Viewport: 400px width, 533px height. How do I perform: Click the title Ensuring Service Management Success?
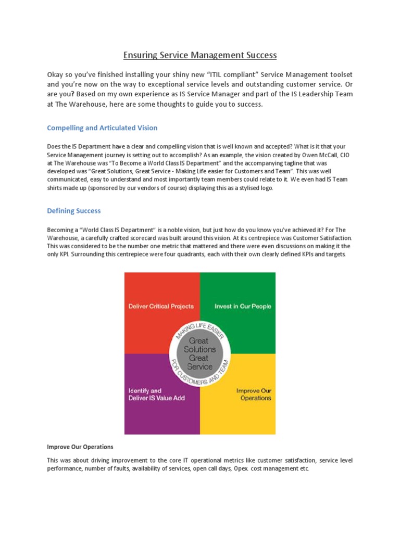tap(200, 55)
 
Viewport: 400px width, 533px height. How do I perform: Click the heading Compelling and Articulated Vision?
tap(102, 128)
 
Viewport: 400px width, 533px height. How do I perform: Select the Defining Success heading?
tap(74, 211)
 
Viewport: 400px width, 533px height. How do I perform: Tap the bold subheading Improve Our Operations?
tap(80, 447)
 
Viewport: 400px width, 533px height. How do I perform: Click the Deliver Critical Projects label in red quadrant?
tap(161, 306)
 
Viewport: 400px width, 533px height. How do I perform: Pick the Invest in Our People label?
tap(243, 306)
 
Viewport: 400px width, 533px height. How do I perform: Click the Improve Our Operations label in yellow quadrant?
tap(254, 394)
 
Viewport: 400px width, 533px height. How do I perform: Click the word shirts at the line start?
tap(56, 188)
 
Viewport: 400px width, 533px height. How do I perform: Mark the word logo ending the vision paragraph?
tap(264, 188)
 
